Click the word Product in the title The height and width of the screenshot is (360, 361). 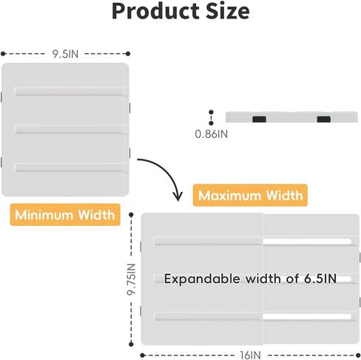156,11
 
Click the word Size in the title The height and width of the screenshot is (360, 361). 228,11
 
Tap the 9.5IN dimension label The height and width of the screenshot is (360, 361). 65,54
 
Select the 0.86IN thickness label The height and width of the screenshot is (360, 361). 212,134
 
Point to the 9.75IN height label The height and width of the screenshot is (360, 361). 132,279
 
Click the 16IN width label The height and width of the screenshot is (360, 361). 251,356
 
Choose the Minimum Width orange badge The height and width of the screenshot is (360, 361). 65,215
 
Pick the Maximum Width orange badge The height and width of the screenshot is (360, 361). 250,195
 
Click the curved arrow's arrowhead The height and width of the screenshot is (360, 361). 178,196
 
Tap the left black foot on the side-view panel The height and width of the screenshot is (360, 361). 259,119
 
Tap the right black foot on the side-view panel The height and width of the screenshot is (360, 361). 324,119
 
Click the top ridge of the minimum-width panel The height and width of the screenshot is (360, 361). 70,91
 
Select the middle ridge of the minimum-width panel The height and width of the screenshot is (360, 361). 70,130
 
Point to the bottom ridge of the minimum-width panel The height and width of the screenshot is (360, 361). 70,167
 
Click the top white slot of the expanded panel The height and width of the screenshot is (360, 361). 307,241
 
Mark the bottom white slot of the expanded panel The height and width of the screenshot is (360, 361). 307,316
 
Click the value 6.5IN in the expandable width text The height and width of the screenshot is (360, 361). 320,279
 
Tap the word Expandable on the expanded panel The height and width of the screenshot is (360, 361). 202,279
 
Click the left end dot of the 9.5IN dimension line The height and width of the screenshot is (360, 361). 3,53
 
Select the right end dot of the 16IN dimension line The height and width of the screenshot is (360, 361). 358,356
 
